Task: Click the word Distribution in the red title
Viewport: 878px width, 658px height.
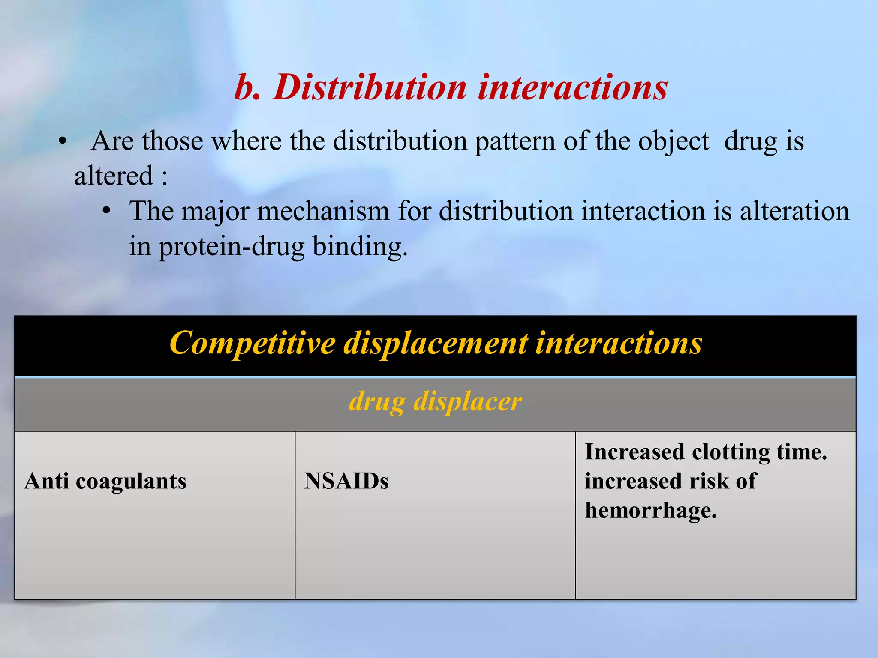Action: click(x=370, y=87)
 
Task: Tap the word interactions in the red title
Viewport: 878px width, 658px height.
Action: click(x=573, y=87)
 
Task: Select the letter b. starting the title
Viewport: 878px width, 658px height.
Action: click(x=248, y=87)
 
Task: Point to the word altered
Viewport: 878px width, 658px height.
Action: click(x=114, y=176)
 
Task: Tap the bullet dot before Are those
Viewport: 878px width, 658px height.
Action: click(x=63, y=141)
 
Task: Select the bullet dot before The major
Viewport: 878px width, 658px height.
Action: click(x=107, y=211)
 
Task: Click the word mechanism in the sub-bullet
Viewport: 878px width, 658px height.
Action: click(x=324, y=212)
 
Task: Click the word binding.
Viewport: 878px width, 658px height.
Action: click(x=360, y=247)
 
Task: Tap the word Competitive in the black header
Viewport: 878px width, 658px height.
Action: click(x=253, y=344)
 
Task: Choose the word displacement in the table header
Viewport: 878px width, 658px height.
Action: click(x=436, y=344)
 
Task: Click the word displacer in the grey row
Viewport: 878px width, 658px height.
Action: click(x=468, y=402)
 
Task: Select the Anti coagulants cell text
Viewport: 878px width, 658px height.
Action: click(x=105, y=481)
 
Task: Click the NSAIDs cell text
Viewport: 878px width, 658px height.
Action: click(x=346, y=481)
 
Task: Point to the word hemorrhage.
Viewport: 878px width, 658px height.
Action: click(x=651, y=511)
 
